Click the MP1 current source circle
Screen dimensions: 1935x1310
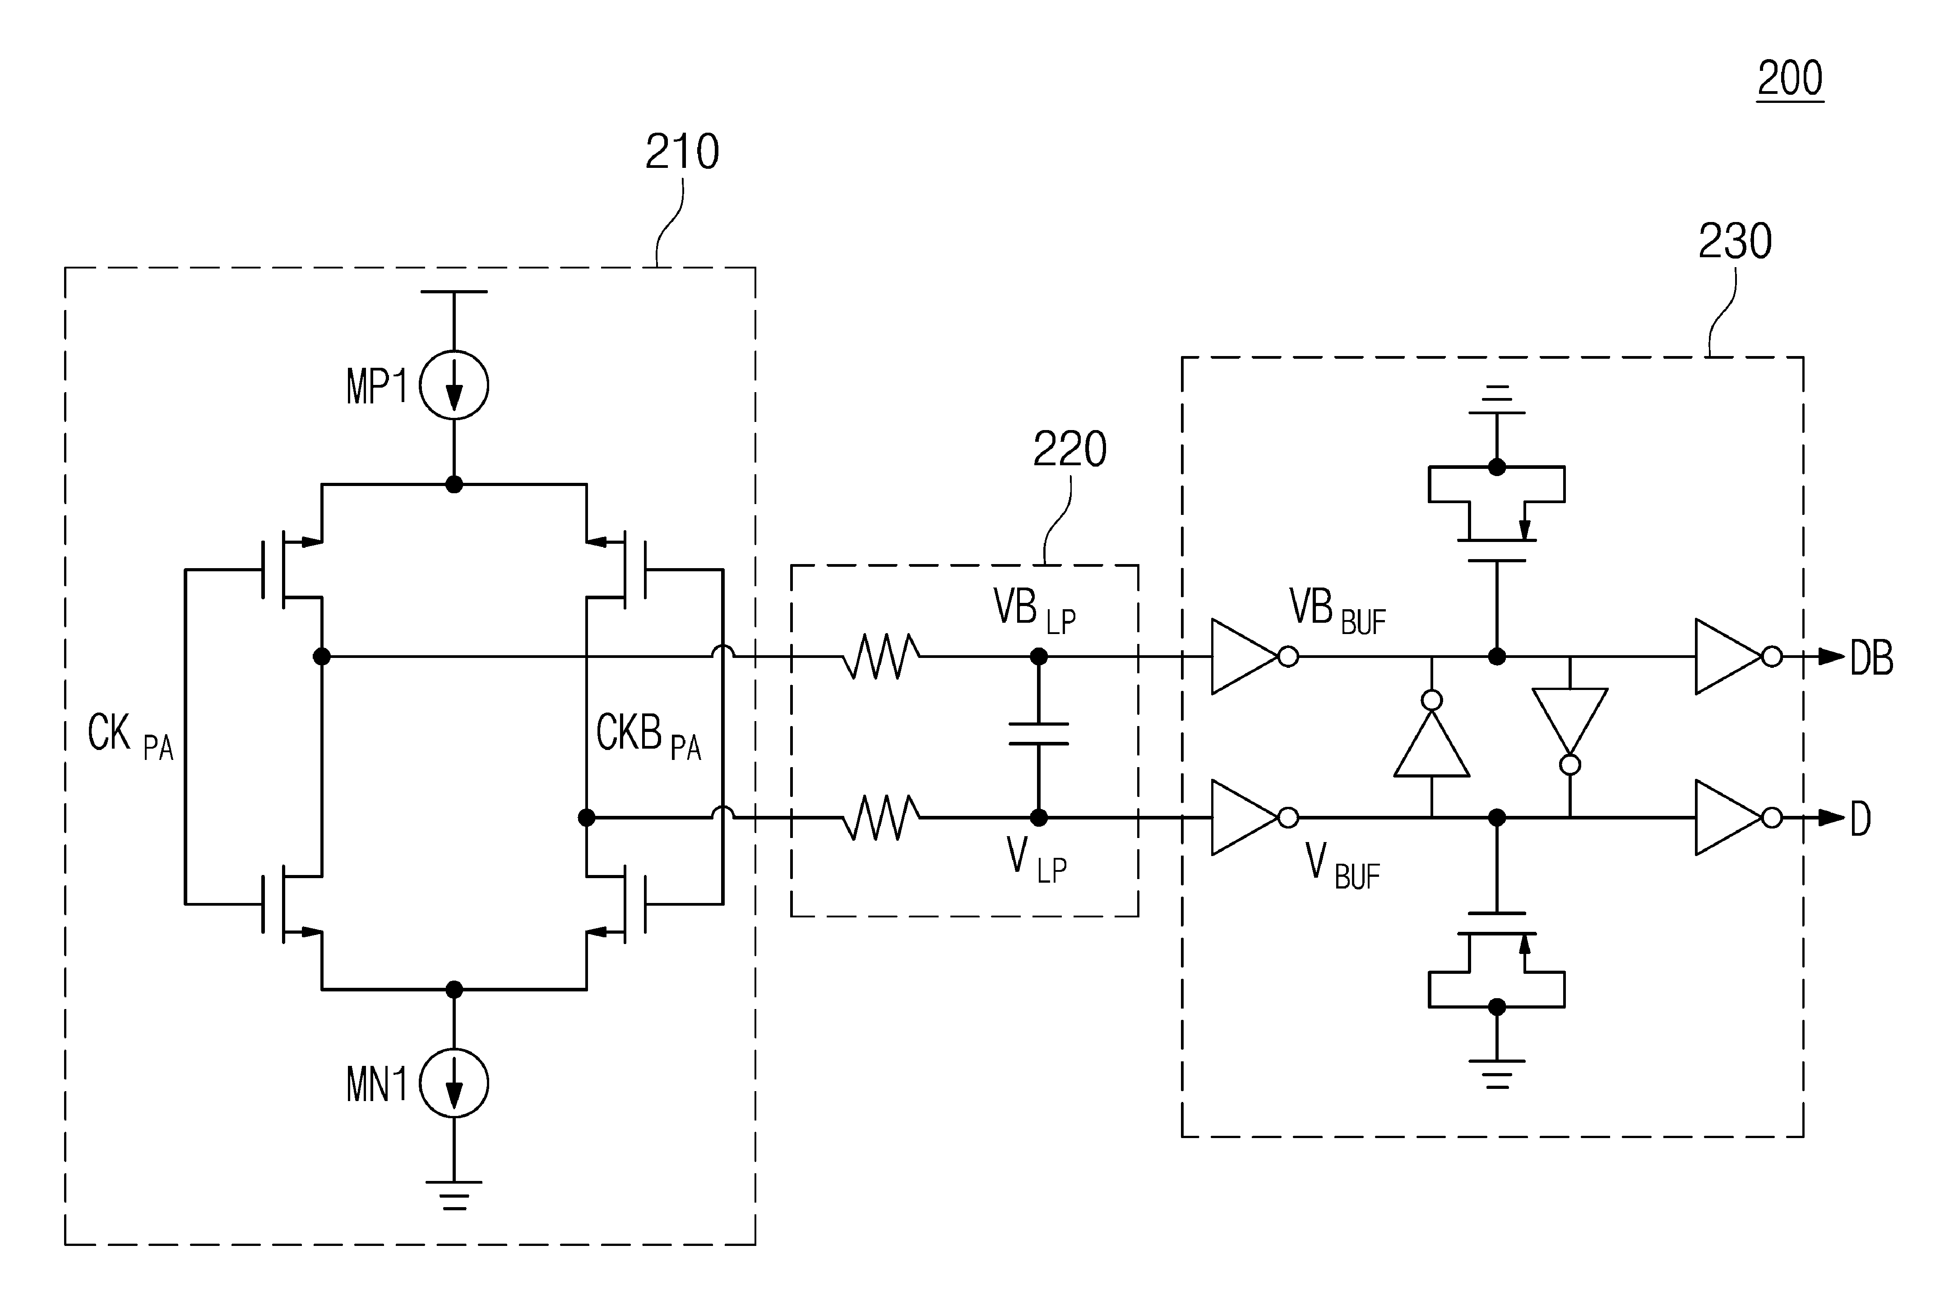click(x=454, y=385)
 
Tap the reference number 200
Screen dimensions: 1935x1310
click(x=1790, y=79)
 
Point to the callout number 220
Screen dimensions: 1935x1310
click(x=1070, y=450)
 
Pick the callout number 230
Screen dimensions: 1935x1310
click(x=1735, y=241)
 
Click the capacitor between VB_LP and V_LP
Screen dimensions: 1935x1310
click(x=1038, y=734)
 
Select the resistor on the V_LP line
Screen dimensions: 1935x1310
click(x=881, y=818)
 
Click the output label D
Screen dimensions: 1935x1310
click(x=1861, y=819)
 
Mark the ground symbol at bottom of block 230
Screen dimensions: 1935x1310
click(x=1497, y=1074)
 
